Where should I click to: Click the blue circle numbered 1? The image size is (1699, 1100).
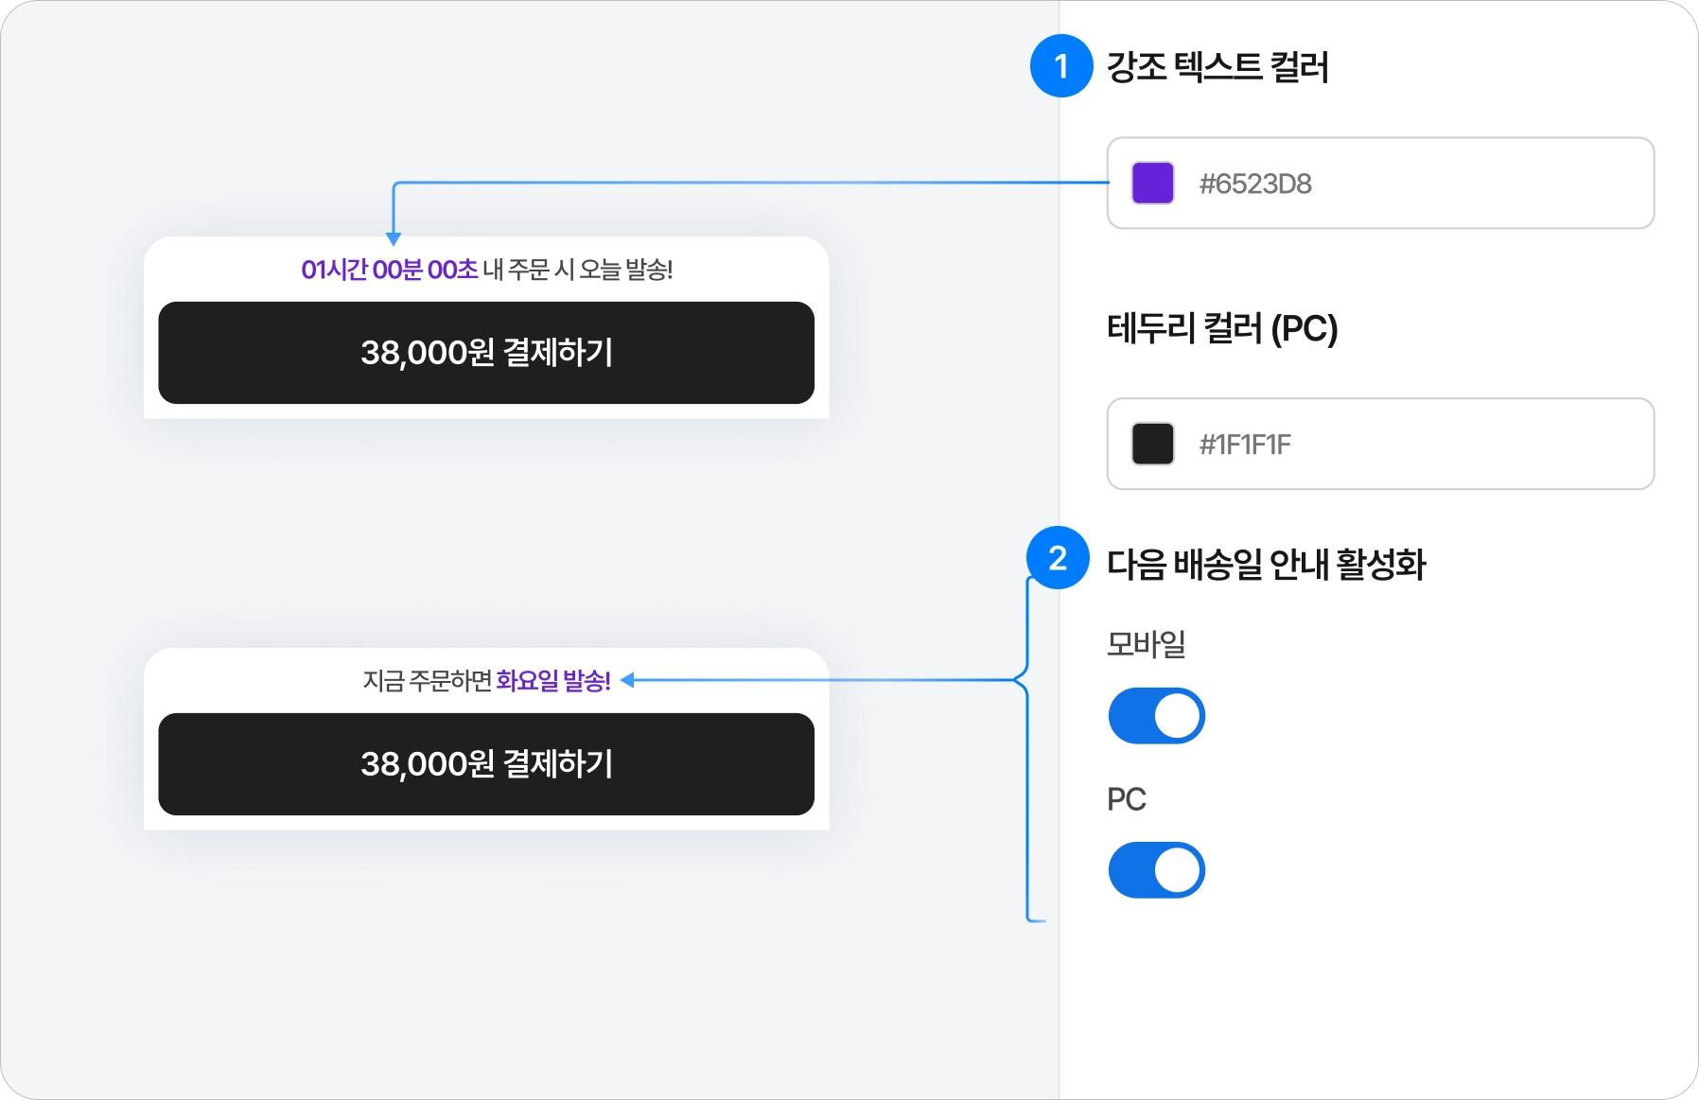point(1061,66)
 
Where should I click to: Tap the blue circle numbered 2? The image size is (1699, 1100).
point(1058,558)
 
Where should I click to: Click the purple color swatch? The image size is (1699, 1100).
point(1152,183)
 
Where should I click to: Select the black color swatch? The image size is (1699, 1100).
point(1152,444)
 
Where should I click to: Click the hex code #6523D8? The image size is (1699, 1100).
point(1255,183)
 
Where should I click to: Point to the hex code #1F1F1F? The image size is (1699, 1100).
point(1245,445)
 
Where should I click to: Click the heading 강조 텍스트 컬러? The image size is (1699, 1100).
point(1217,67)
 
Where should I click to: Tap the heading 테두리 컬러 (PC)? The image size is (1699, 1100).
point(1222,328)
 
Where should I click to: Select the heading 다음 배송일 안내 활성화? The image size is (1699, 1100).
point(1266,564)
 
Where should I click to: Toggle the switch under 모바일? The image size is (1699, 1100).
point(1156,716)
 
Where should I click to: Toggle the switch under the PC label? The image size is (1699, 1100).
point(1156,870)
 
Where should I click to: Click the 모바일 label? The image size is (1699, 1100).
point(1146,644)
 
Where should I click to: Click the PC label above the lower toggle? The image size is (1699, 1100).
point(1126,799)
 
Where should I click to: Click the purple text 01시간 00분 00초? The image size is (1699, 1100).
point(390,270)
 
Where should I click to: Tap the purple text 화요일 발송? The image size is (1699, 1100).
point(553,681)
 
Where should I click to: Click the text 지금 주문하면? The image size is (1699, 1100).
point(428,681)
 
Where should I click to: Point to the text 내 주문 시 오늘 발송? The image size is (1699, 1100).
point(578,270)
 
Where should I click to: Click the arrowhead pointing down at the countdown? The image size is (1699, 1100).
point(394,239)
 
